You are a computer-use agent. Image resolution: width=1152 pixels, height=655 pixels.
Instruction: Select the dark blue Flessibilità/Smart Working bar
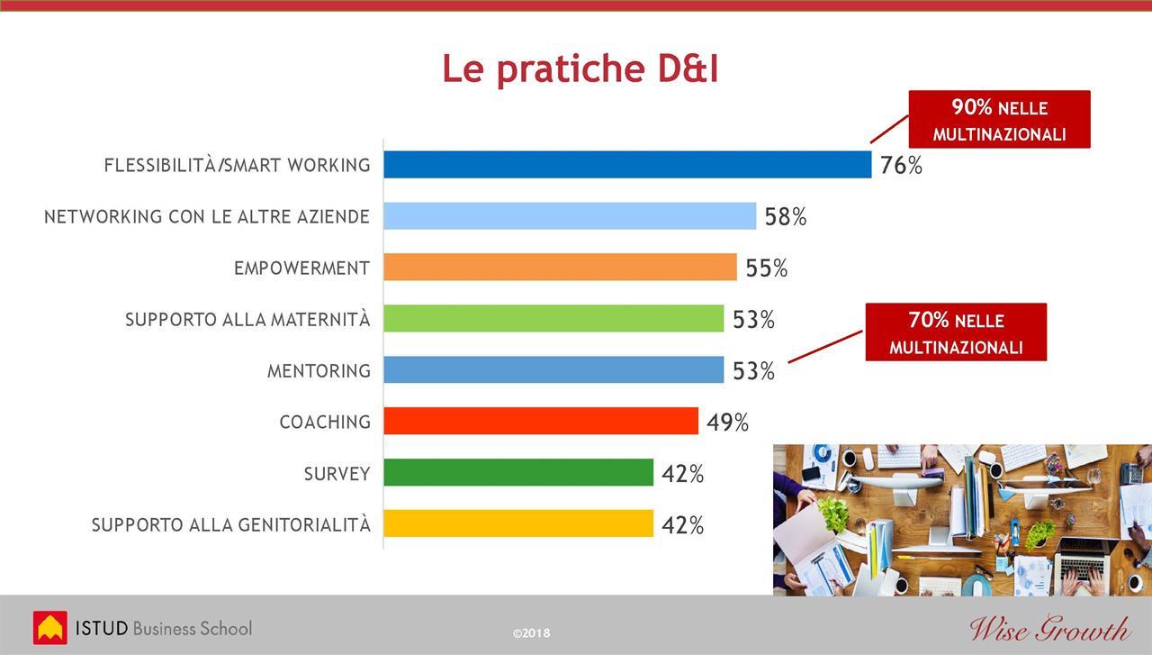pyautogui.click(x=627, y=164)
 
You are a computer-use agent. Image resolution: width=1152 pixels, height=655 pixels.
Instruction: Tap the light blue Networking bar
pyautogui.click(x=570, y=215)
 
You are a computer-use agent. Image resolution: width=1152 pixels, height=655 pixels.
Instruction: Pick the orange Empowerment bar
pyautogui.click(x=560, y=267)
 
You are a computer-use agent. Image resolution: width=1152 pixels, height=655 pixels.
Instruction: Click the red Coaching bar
pyautogui.click(x=541, y=421)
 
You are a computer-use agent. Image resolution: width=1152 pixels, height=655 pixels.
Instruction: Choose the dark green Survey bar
pyautogui.click(x=518, y=472)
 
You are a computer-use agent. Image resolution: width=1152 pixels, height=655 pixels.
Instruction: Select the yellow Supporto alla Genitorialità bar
pyautogui.click(x=518, y=523)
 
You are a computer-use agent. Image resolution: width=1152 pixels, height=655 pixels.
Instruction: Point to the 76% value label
pyautogui.click(x=901, y=165)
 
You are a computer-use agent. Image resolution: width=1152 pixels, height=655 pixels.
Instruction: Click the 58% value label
pyautogui.click(x=786, y=217)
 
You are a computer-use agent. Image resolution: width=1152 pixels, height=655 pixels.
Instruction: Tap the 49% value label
pyautogui.click(x=727, y=423)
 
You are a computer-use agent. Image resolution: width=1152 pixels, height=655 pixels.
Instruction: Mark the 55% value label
pyautogui.click(x=766, y=268)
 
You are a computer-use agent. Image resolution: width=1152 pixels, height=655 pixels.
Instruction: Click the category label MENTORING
pyautogui.click(x=319, y=371)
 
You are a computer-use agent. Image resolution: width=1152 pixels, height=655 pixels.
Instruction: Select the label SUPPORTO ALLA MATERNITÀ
pyautogui.click(x=247, y=319)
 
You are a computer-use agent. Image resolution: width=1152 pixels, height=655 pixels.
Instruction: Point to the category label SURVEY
pyautogui.click(x=337, y=474)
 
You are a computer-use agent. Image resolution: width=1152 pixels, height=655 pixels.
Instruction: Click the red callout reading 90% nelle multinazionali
pyautogui.click(x=999, y=120)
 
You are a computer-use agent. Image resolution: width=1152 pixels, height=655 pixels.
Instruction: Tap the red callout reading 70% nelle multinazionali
pyautogui.click(x=956, y=332)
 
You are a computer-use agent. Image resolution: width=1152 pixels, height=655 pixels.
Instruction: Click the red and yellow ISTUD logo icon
pyautogui.click(x=49, y=628)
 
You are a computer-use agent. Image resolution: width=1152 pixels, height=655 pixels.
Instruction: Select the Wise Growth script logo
pyautogui.click(x=1050, y=628)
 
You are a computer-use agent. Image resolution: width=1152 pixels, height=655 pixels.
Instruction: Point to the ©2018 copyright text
pyautogui.click(x=531, y=632)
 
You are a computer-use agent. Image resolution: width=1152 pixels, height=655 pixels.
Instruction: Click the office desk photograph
pyautogui.click(x=962, y=520)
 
